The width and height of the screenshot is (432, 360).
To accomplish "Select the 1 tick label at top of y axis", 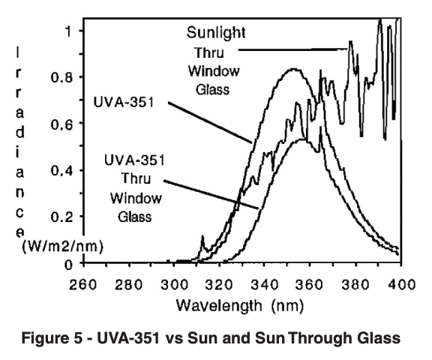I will [x=68, y=31].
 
